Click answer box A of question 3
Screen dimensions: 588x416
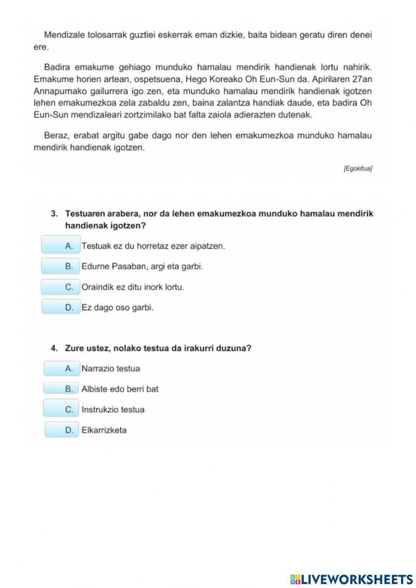pyautogui.click(x=61, y=245)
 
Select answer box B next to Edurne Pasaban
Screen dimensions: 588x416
pyautogui.click(x=61, y=266)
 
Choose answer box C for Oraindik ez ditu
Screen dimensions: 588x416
pyautogui.click(x=61, y=287)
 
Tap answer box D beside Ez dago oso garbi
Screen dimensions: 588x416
pyautogui.click(x=61, y=307)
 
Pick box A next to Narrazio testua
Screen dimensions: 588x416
pyautogui.click(x=62, y=368)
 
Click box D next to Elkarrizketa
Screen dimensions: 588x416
pyautogui.click(x=62, y=429)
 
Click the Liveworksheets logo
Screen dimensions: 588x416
pyautogui.click(x=352, y=579)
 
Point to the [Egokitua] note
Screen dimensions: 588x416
pyautogui.click(x=357, y=169)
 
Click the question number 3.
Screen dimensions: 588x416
pyautogui.click(x=54, y=214)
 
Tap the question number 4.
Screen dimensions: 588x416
pyautogui.click(x=54, y=348)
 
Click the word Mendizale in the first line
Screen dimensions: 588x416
pyautogui.click(x=64, y=35)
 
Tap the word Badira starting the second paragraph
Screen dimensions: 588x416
pyautogui.click(x=57, y=67)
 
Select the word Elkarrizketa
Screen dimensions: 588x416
pyautogui.click(x=104, y=430)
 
